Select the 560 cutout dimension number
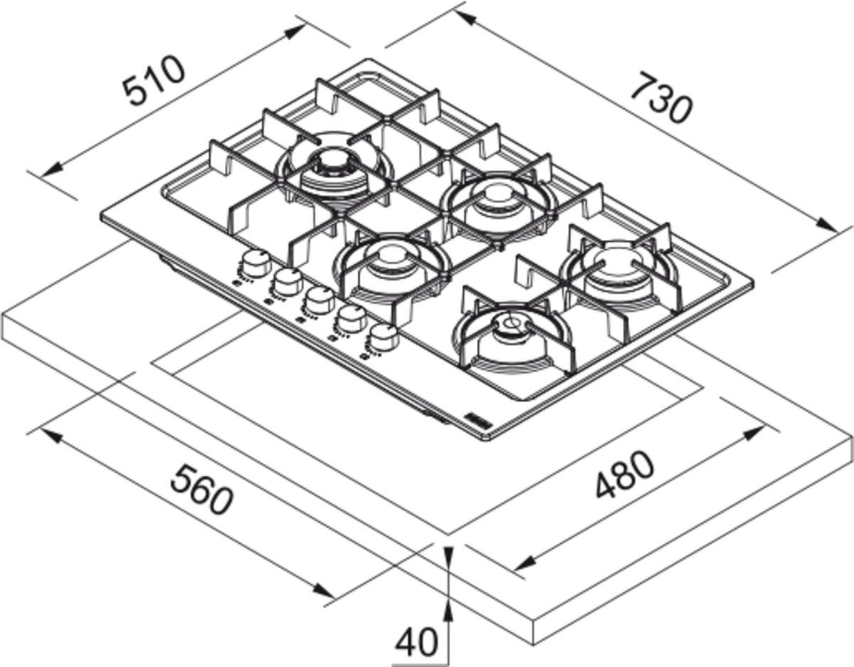point(201,489)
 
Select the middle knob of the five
point(318,299)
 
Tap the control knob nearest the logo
point(384,337)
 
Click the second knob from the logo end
point(351,318)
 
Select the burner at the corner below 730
point(618,268)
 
